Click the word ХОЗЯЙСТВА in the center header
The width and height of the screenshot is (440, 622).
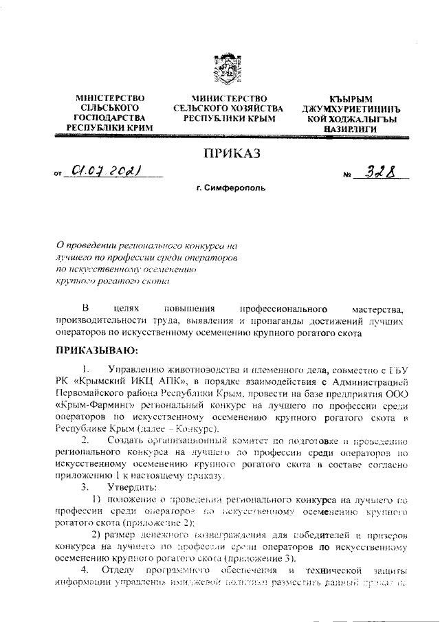point(254,109)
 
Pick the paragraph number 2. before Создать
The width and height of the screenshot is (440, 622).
point(85,438)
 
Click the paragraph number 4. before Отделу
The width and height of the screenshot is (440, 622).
point(85,571)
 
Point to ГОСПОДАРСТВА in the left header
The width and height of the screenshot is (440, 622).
point(103,118)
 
